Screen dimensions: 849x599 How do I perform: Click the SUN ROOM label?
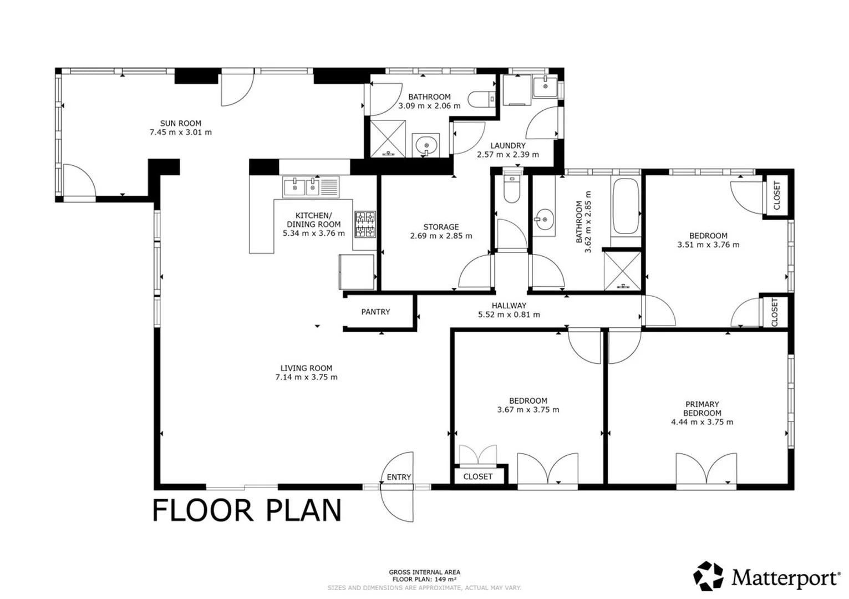(180, 123)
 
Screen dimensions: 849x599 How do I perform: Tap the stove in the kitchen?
(365, 225)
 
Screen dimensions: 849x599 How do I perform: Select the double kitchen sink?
(311, 187)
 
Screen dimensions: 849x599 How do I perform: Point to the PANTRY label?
(375, 312)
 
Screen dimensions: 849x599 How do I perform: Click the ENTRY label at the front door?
(399, 478)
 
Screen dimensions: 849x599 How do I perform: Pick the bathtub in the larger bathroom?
(626, 206)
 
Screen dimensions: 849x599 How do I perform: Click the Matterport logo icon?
(708, 576)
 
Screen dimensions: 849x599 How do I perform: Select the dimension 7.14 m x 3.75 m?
(306, 377)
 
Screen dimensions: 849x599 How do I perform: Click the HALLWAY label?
(509, 306)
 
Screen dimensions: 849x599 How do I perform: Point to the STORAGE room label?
(441, 227)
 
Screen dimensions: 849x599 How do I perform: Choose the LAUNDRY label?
(508, 145)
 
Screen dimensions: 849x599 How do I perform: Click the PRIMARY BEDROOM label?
(702, 409)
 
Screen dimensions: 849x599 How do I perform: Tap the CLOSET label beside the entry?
(478, 476)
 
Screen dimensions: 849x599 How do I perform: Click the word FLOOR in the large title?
(203, 511)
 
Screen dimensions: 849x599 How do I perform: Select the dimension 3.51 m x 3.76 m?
(708, 245)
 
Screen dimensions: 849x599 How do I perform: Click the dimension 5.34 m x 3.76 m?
(314, 233)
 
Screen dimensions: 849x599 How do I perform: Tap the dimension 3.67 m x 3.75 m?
(528, 410)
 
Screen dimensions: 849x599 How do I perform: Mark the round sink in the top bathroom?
(426, 145)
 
